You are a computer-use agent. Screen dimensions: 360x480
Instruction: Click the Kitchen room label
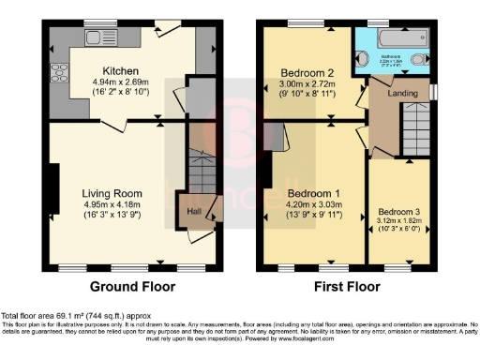pyautogui.click(x=122, y=70)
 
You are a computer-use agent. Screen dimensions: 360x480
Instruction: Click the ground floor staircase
pyautogui.click(x=197, y=174)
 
